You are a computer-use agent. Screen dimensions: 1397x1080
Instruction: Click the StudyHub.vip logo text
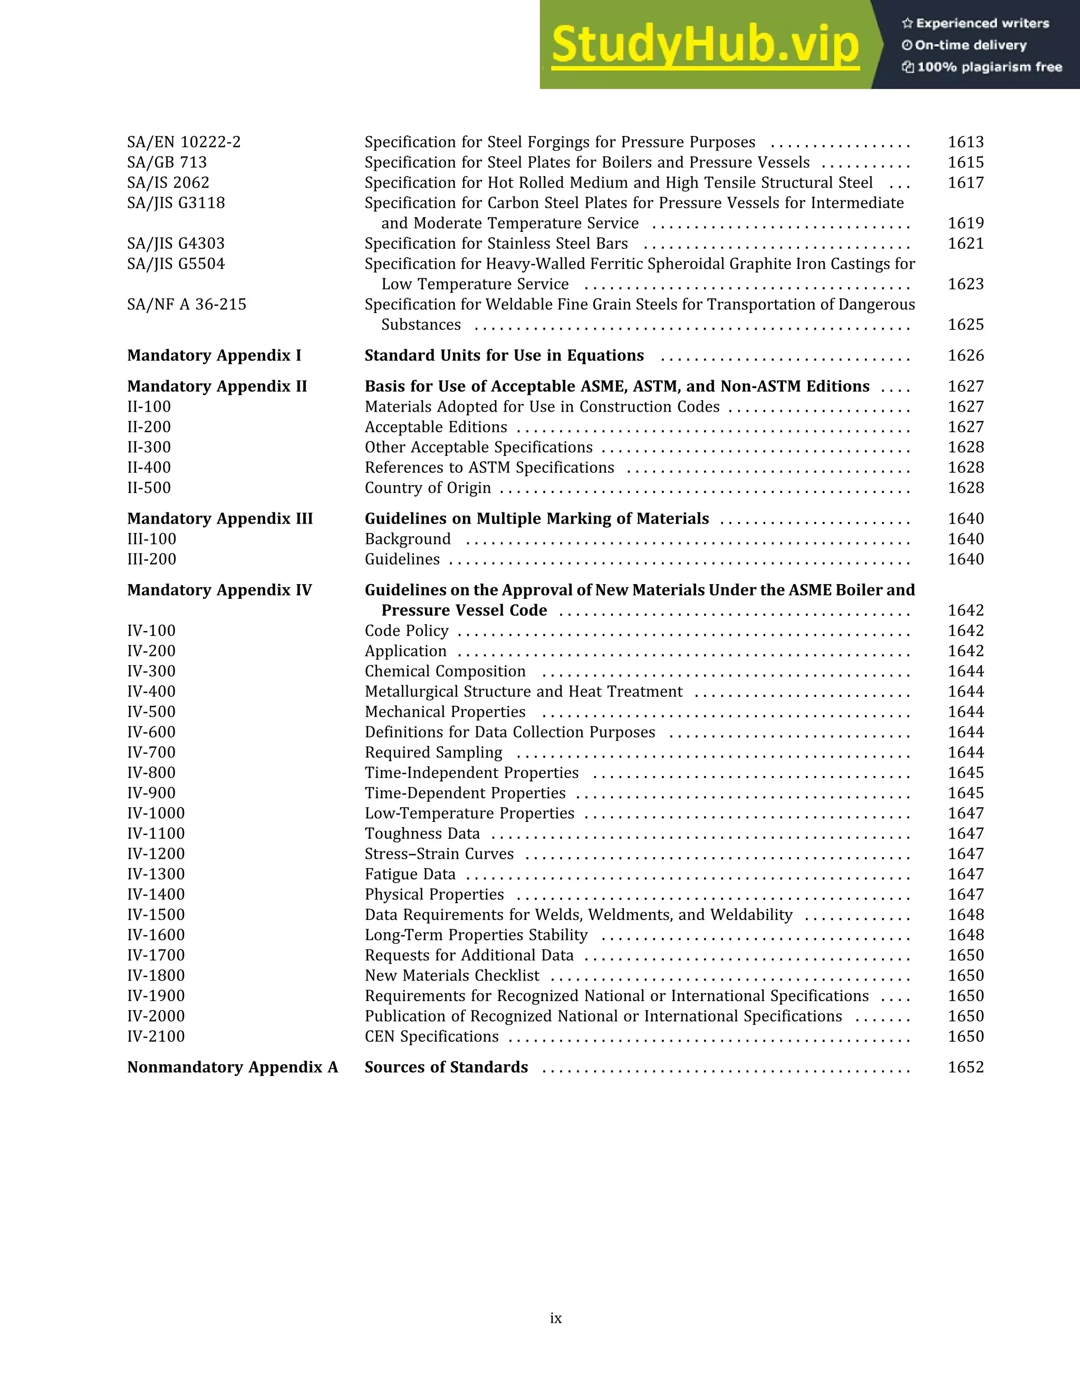(705, 45)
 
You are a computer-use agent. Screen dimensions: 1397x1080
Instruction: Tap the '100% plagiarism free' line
(982, 67)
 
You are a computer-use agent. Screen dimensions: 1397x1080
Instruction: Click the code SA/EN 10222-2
(184, 142)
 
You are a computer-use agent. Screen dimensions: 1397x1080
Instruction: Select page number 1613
(966, 142)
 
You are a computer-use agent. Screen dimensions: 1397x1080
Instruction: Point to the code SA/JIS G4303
(176, 244)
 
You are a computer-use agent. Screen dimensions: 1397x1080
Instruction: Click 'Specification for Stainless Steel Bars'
(496, 244)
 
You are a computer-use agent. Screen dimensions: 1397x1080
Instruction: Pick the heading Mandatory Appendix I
(214, 356)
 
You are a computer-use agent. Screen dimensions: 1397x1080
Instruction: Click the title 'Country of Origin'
(427, 488)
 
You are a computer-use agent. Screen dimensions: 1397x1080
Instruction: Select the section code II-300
(149, 447)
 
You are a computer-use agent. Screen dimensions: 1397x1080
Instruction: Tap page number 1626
(966, 356)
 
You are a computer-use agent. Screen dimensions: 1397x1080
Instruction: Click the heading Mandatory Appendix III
(220, 519)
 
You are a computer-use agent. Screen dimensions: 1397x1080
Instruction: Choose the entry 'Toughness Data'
(422, 833)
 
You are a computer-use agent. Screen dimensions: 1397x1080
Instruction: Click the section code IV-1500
(156, 915)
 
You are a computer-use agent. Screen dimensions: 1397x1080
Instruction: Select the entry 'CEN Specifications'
(432, 1036)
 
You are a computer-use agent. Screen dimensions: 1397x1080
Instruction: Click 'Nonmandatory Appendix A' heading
(232, 1067)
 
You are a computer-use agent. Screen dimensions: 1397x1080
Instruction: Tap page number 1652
(966, 1067)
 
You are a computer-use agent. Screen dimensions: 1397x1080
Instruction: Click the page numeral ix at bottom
(555, 1318)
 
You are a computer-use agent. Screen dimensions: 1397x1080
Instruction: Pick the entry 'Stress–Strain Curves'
(439, 854)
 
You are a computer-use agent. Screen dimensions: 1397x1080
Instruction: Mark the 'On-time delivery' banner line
(964, 45)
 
